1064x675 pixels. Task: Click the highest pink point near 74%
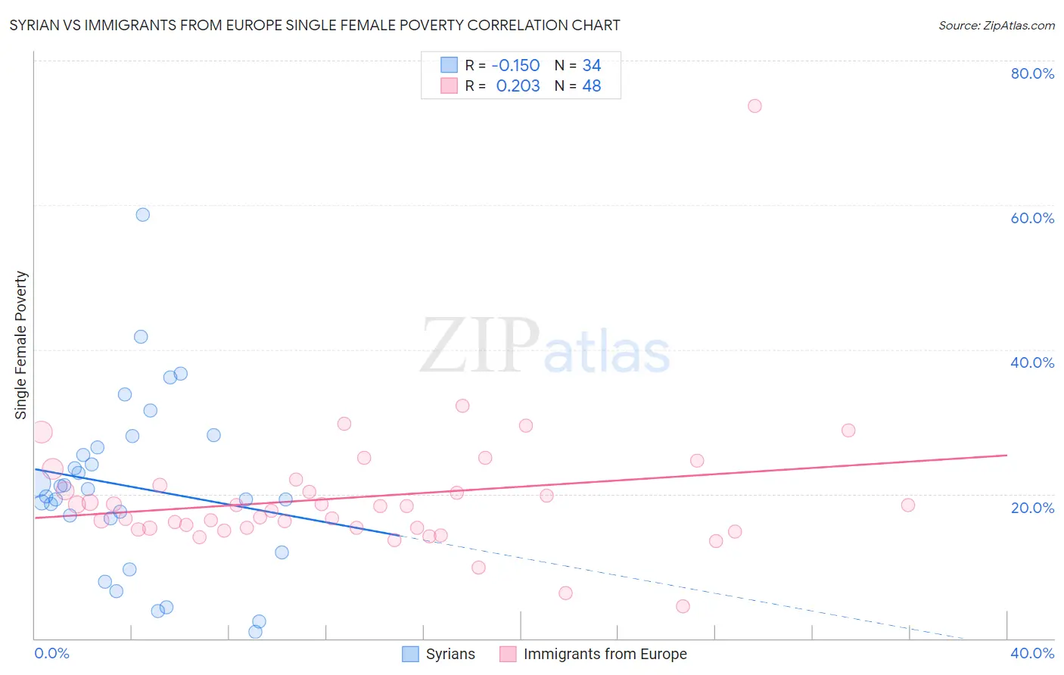coord(754,106)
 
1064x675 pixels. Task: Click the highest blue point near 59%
coord(142,215)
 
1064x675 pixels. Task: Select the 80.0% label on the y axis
coord(1032,73)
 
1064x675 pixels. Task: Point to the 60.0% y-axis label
coord(1032,218)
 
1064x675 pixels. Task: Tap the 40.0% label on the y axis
coord(1032,362)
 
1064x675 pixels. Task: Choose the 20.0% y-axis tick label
coord(1032,508)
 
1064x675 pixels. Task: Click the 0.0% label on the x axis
coord(52,653)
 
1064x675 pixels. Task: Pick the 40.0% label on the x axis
coord(1032,653)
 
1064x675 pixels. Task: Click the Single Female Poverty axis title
coord(21,345)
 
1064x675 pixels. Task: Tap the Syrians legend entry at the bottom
coord(450,654)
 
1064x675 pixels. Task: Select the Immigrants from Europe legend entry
coord(605,654)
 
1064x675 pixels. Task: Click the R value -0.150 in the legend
coord(515,66)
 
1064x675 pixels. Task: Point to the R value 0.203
coord(518,86)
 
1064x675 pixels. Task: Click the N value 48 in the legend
coord(592,86)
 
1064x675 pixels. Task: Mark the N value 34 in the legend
coord(592,66)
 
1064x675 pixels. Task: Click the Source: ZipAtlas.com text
coord(996,26)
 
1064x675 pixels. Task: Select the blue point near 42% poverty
coord(141,337)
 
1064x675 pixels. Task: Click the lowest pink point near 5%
coord(683,606)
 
